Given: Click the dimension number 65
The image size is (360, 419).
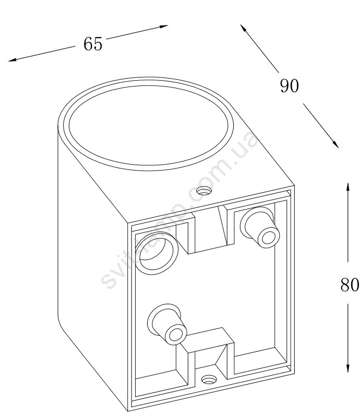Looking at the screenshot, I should click(93, 44).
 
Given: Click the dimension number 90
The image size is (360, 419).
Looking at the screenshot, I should click(289, 86).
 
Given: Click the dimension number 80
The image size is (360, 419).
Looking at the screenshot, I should click(349, 285).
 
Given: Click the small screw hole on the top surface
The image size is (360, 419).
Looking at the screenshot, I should click(203, 190).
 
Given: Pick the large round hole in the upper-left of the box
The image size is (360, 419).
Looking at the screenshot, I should click(156, 252).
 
